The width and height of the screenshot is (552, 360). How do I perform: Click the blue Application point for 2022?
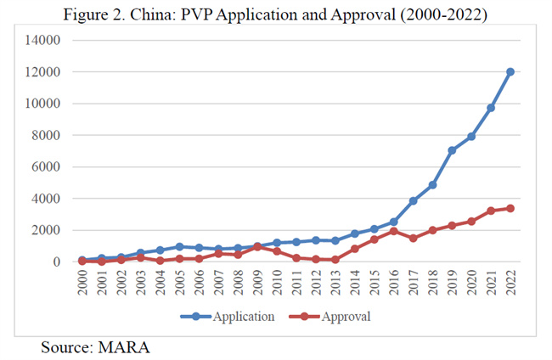[510, 71]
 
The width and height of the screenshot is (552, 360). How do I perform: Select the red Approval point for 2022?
[510, 208]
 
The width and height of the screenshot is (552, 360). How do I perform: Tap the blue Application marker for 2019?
[452, 150]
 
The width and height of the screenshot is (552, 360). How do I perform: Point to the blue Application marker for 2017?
[413, 200]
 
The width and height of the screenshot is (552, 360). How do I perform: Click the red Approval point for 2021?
[491, 211]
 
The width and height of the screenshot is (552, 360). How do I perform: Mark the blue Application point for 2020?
[471, 136]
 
